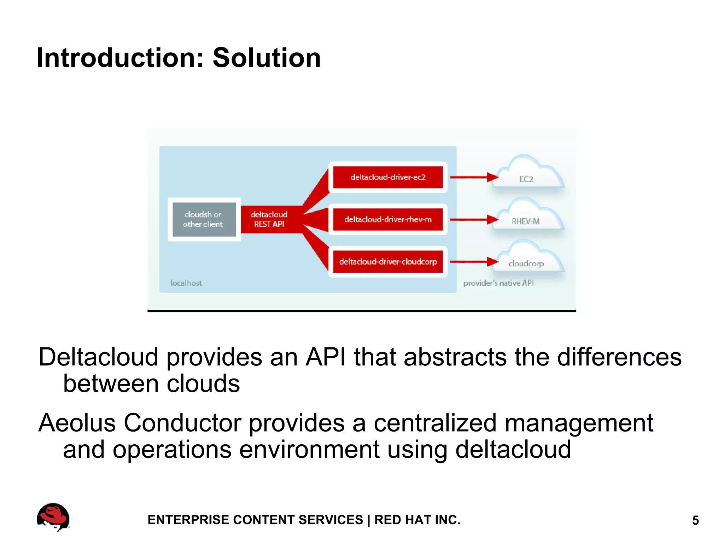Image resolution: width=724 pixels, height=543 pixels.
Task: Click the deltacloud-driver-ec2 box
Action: point(388,177)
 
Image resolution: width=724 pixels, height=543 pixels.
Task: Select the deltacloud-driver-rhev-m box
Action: point(388,220)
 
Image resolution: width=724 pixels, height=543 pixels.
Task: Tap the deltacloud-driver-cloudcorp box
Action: point(388,262)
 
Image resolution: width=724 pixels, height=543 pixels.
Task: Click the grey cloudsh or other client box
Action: point(204,219)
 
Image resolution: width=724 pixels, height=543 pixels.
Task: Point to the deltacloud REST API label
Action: point(269,219)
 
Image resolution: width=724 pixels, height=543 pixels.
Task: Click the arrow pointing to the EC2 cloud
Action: point(474,177)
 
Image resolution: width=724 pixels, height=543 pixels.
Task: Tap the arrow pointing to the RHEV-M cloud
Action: point(474,220)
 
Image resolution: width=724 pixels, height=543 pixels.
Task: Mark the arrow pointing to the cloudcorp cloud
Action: point(474,262)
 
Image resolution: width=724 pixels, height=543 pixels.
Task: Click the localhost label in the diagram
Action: point(186,283)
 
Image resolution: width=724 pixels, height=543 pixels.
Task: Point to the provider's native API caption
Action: point(498,283)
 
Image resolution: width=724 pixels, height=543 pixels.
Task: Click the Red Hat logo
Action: point(53,517)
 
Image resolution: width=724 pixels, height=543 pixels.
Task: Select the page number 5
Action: point(695,520)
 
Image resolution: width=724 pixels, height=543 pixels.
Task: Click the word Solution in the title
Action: point(267,58)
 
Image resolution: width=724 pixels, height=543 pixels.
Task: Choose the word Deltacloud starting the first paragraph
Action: point(98,357)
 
